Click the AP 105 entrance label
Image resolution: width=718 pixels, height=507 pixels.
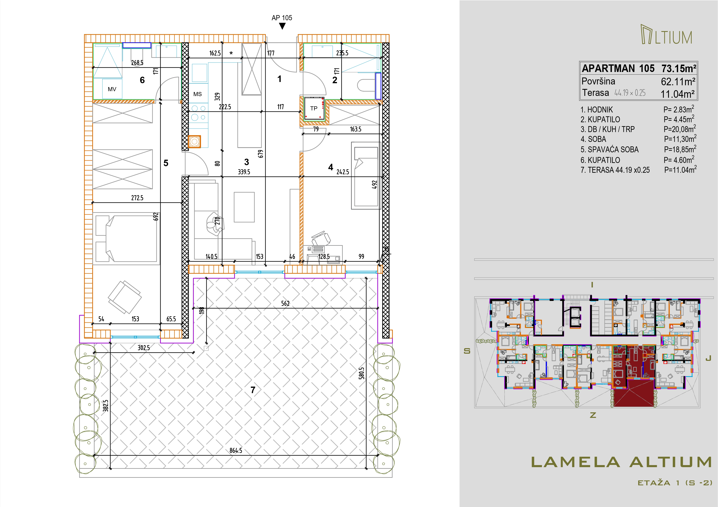click(x=282, y=18)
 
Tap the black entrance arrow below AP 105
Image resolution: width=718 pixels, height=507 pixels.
click(x=282, y=27)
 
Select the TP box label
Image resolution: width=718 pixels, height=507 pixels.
click(x=314, y=108)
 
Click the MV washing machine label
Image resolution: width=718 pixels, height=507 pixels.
click(x=112, y=89)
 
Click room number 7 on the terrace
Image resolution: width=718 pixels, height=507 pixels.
click(x=253, y=390)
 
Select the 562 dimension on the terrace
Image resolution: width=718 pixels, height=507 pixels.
click(x=285, y=303)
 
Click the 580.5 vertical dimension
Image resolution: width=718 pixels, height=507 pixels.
click(x=362, y=373)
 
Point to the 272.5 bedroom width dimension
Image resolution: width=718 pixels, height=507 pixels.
click(x=137, y=198)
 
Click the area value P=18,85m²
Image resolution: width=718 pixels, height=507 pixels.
click(x=680, y=149)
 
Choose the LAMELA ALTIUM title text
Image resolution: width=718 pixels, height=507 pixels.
click(x=622, y=462)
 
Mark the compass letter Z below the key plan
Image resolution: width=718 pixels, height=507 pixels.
click(x=593, y=415)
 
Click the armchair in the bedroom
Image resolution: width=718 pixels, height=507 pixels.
click(x=124, y=297)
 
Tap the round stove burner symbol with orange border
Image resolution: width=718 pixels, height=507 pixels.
click(x=195, y=141)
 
